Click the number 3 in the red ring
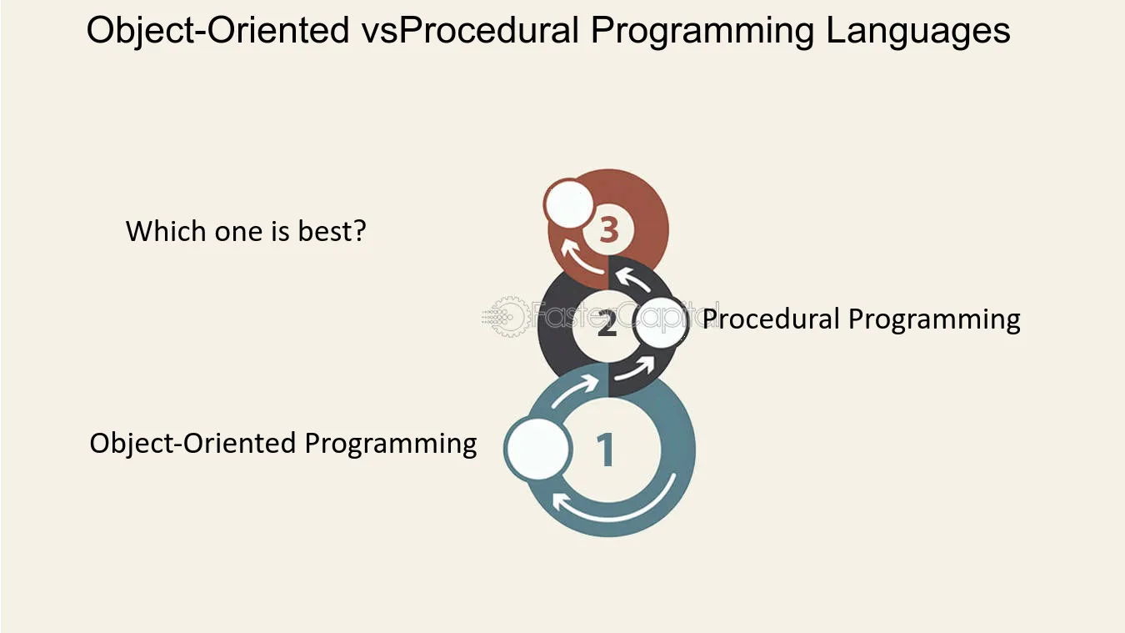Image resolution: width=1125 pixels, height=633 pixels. coord(608,231)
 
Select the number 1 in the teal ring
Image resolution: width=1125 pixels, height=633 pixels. coord(606,450)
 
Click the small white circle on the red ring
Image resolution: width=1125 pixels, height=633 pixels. coord(568,203)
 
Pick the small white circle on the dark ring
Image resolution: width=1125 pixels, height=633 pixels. coord(661,322)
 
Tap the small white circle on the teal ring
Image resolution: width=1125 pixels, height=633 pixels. coord(538,449)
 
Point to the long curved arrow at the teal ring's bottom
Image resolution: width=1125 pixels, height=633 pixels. coord(616,508)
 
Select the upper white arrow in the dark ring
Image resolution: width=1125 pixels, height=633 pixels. coord(632,279)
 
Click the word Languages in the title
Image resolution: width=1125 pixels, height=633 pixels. coord(917,31)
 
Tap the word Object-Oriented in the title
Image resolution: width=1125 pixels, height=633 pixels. coord(218,30)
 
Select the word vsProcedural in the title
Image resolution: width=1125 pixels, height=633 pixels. coord(471,30)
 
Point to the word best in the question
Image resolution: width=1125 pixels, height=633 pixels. coord(332,231)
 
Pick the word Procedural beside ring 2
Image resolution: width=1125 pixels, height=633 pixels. coord(771,319)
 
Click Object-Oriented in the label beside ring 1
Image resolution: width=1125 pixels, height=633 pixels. coord(192,444)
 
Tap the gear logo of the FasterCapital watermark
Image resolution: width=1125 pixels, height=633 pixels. coord(507,316)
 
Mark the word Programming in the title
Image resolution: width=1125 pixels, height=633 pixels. coord(702,31)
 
